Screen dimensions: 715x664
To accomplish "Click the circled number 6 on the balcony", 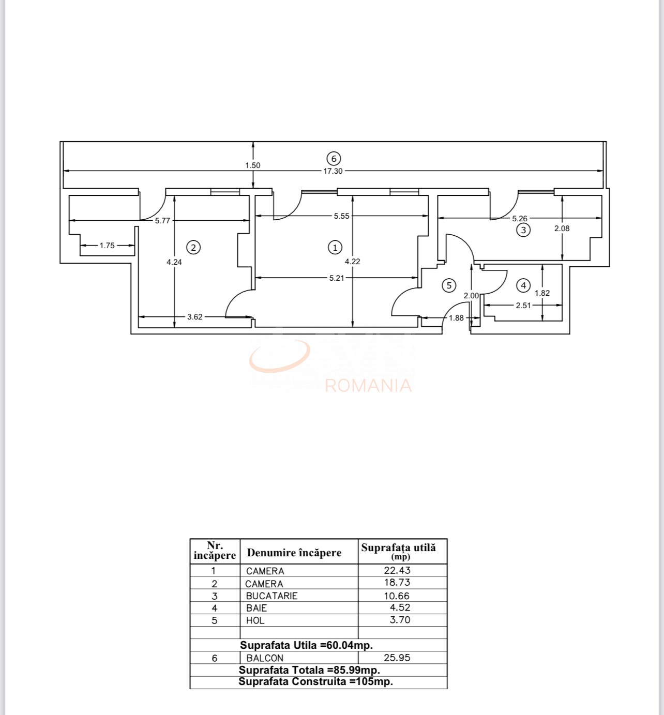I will pos(334,159).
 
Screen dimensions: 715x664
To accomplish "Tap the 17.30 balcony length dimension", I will pos(333,171).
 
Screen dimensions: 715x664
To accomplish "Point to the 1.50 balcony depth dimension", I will pos(253,165).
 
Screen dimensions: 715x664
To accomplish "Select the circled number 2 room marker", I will pos(193,247).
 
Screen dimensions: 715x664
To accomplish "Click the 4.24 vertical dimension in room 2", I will pos(174,262).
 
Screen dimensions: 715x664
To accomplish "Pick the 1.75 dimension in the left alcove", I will pos(107,246).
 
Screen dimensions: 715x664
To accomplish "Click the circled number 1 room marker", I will pos(335,248).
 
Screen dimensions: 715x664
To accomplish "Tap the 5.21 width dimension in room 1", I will pos(337,278).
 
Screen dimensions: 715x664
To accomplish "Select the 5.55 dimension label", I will pos(341,216).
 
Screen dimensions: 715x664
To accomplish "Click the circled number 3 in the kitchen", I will pos(523,230).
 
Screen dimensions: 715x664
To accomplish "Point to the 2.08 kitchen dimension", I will pos(562,229).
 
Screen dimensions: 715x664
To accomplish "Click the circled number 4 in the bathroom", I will pos(523,285).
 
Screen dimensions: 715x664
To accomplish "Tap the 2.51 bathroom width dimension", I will pos(523,306).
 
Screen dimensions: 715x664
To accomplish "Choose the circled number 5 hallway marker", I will pos(449,285).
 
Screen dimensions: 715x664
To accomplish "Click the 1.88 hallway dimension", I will pos(456,318).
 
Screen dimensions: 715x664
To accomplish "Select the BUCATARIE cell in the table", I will pos(271,596).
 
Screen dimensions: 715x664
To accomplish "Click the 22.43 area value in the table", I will pos(397,570).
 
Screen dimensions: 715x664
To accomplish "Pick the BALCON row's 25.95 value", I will pos(397,658).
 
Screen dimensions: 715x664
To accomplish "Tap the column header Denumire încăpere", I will pos(294,553).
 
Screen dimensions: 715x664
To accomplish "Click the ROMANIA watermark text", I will pos(368,386).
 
